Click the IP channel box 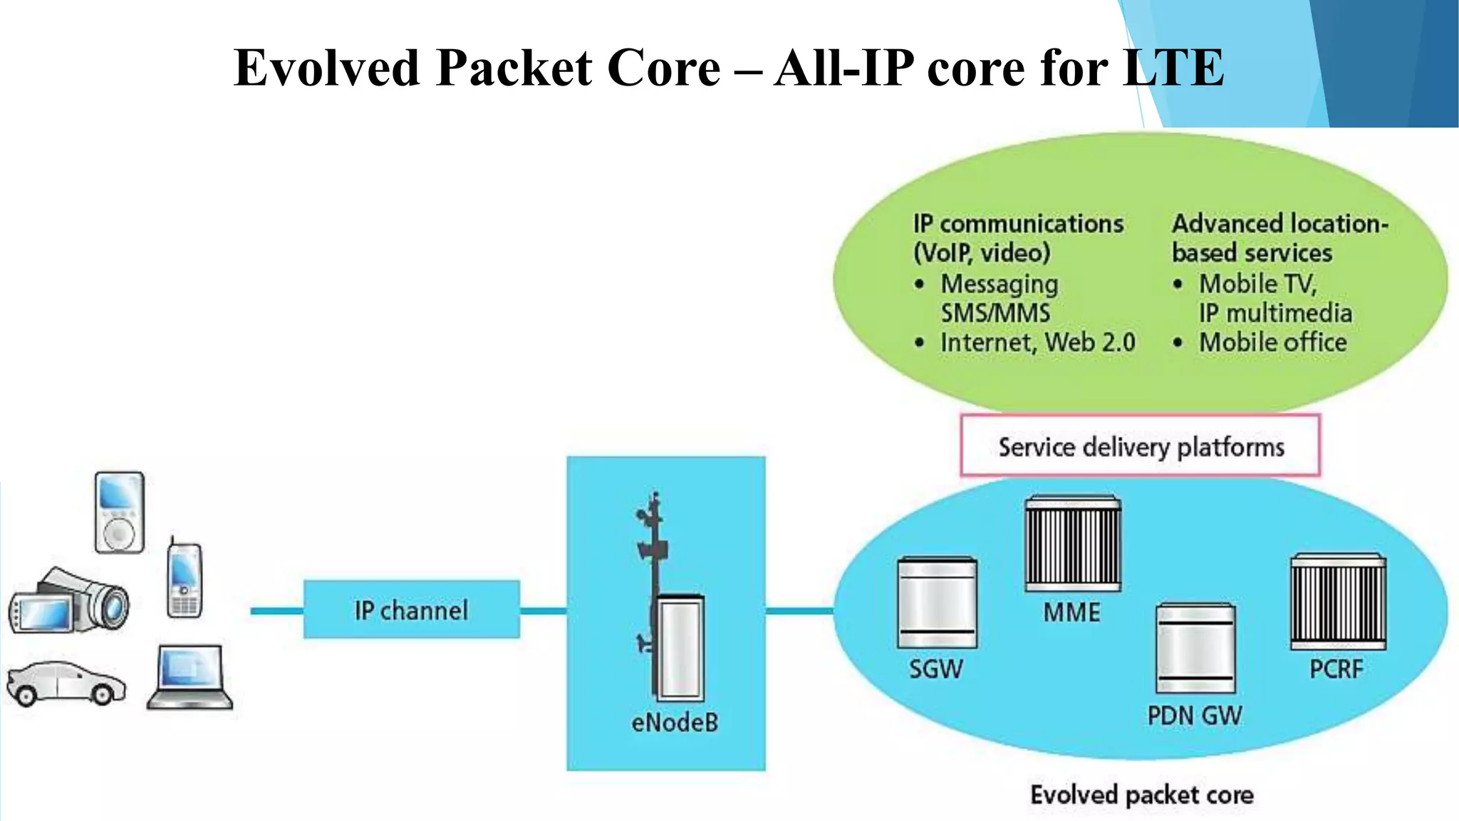click(411, 609)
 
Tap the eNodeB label click(674, 723)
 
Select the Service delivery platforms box click(1140, 446)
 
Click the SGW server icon click(937, 603)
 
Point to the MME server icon click(1073, 544)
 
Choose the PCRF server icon click(1338, 601)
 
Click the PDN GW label click(1194, 716)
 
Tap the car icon click(66, 683)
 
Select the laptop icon click(191, 678)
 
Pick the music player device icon click(119, 512)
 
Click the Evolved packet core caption click(1141, 795)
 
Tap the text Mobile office click(1272, 342)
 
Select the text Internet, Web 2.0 click(1037, 342)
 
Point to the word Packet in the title click(514, 68)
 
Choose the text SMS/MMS click(995, 313)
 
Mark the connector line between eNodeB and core click(799, 611)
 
